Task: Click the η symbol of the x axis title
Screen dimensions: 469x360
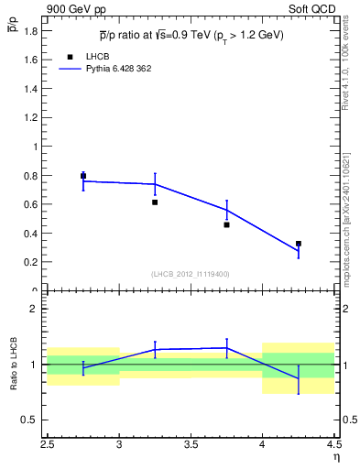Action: (335, 457)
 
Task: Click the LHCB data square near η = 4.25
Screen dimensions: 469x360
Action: (299, 244)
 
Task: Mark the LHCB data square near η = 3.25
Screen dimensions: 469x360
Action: (155, 202)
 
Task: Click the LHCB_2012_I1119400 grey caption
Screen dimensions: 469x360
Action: (191, 274)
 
